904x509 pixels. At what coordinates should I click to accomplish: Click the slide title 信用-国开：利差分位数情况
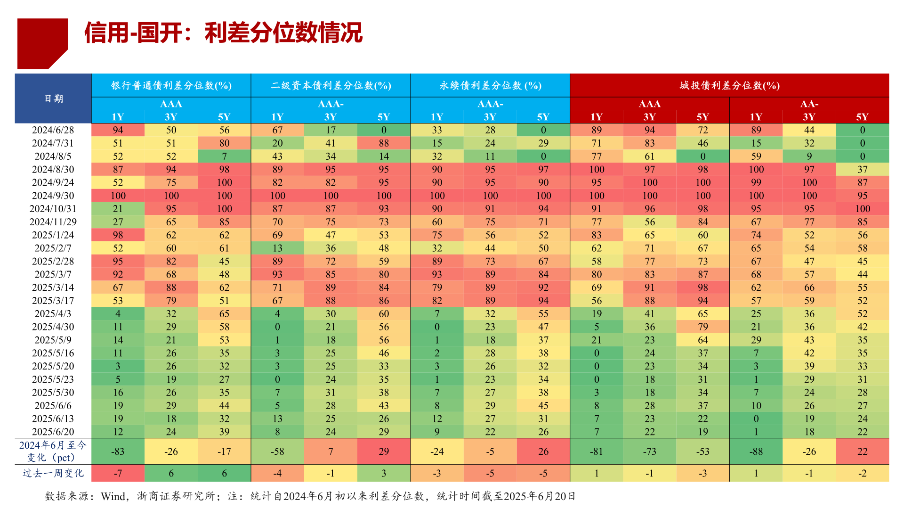coord(223,33)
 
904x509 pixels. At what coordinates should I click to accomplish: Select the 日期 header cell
coord(53,99)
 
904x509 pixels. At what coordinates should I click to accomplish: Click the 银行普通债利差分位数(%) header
coord(171,85)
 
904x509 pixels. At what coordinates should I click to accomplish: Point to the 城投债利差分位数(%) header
coord(729,85)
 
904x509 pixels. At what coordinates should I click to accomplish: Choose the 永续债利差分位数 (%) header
coord(490,85)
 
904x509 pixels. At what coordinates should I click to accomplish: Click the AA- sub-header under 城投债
coord(809,104)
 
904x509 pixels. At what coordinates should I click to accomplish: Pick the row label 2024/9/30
coord(53,196)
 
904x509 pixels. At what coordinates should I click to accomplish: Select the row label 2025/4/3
coord(53,313)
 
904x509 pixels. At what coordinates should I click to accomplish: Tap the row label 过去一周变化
coord(53,473)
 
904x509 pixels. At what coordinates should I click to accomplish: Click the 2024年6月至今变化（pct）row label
coord(53,451)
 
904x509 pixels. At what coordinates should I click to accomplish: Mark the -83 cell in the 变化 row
coord(118,452)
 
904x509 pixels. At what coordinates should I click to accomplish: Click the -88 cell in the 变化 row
coord(756,452)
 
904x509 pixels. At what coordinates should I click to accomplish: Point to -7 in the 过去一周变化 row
coord(118,473)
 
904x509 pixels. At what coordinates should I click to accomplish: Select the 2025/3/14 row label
coord(53,287)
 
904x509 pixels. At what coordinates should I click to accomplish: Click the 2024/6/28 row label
coord(53,130)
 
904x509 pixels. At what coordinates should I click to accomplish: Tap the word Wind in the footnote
coord(113,496)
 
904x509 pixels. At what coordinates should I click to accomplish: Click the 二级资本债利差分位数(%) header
coord(331,85)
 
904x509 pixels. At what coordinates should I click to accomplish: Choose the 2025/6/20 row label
coord(53,432)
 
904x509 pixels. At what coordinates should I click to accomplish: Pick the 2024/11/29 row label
coord(53,222)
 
